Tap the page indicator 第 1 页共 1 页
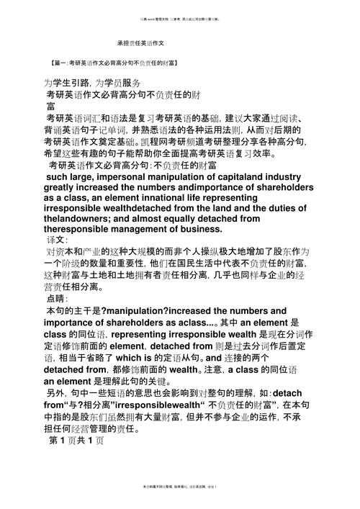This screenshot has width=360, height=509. pyautogui.click(x=76, y=439)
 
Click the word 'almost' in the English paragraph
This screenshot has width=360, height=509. pyautogui.click(x=158, y=217)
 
